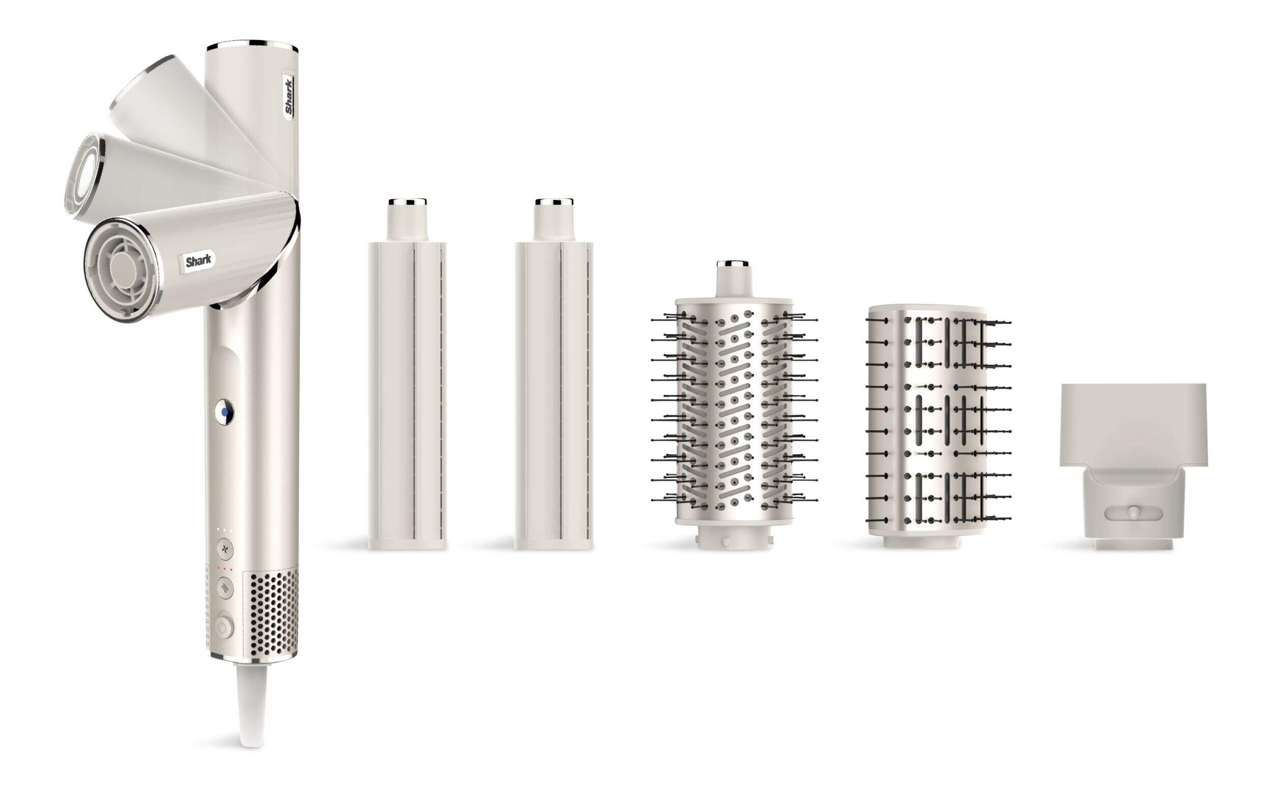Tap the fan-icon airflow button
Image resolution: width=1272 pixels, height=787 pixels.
click(x=225, y=549)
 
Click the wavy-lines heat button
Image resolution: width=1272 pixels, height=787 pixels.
click(x=225, y=588)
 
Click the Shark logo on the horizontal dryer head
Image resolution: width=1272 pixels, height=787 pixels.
click(x=199, y=261)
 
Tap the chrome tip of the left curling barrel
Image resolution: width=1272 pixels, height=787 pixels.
click(x=408, y=201)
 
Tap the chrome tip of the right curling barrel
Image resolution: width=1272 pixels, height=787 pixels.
click(x=554, y=201)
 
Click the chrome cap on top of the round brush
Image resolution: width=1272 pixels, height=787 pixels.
click(x=733, y=263)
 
